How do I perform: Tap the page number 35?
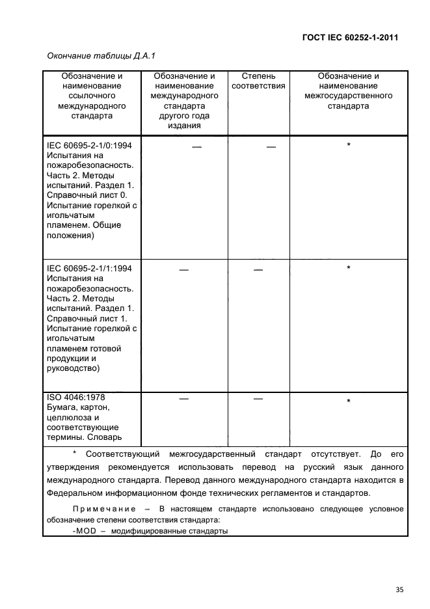(399, 589)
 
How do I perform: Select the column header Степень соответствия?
(258, 81)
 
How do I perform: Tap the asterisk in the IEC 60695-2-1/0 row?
(349, 146)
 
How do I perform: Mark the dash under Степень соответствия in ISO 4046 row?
(258, 398)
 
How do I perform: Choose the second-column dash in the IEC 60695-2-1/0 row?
(196, 148)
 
